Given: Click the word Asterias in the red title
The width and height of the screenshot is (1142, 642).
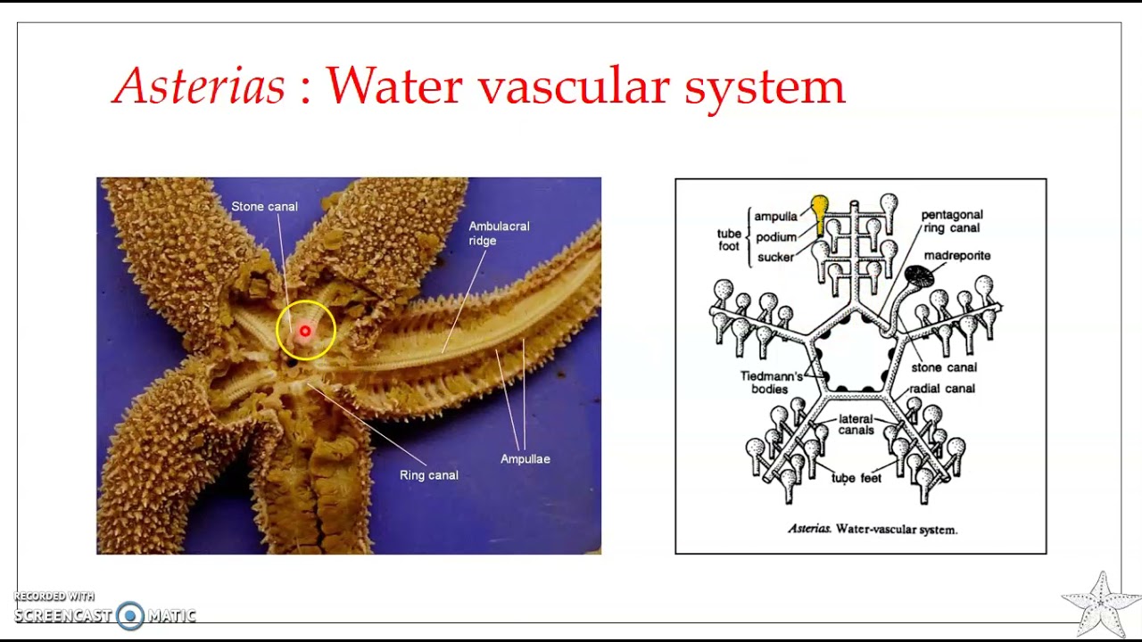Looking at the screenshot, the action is pos(198,86).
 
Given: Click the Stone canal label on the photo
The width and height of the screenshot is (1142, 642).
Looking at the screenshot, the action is pos(264,206).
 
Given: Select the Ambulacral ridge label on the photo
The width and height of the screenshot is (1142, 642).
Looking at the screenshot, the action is pos(499,234).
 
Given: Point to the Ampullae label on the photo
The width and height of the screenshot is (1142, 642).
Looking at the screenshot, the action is pos(525,459).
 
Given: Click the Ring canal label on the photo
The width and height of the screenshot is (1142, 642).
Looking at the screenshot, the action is pos(429,475).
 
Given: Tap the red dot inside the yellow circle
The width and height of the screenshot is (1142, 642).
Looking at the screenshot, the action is pos(305,331).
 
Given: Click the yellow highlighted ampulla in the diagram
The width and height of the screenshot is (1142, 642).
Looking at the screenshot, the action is pos(819,214).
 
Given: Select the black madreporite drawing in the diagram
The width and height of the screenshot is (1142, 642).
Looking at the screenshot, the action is pos(919,276).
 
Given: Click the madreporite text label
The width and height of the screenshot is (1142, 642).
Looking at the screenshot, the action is pos(957,255).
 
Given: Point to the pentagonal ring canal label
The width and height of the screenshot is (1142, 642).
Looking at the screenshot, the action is pos(952,221).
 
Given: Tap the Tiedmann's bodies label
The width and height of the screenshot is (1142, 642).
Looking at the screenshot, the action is pos(771,383).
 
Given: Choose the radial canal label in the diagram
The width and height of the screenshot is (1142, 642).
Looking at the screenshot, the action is pos(942,389).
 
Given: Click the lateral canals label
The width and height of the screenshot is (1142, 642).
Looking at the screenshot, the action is pos(856,424).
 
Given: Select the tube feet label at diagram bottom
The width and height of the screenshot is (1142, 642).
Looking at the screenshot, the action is pos(856,478).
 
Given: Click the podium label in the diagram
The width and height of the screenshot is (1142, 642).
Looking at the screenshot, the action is pos(776,237).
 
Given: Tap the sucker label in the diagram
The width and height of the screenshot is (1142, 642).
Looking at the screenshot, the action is pos(775,257).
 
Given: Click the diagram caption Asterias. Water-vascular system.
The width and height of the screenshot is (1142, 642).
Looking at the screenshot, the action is pos(873,530).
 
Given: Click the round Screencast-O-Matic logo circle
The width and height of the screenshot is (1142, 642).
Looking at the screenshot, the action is pos(130,615).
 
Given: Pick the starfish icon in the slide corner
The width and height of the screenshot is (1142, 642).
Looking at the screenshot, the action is pos(1101,605).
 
